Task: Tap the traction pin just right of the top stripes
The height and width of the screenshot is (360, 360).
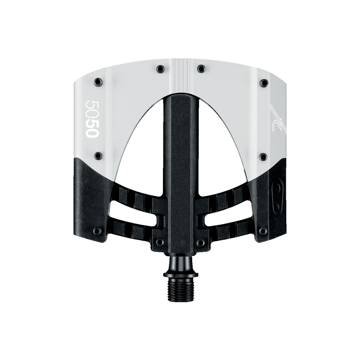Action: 201,68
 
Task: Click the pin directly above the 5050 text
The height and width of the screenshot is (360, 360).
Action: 98,81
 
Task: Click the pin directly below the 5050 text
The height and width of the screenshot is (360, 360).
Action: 98,156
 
